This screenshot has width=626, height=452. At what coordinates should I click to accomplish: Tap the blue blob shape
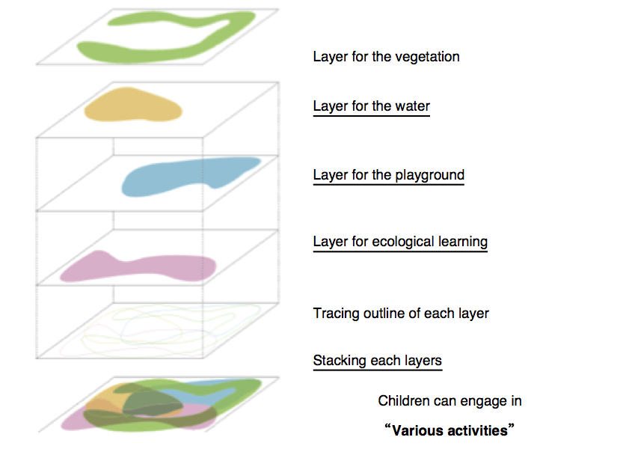tap(187, 177)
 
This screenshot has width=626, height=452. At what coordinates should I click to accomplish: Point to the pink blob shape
tap(142, 267)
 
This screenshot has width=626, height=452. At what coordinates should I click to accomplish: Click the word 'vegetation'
tap(426, 57)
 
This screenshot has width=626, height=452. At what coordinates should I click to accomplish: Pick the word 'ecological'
tap(405, 242)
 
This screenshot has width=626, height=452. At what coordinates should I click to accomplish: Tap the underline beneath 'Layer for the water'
tap(371, 116)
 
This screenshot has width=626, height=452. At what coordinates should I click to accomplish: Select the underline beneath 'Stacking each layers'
tap(377, 370)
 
